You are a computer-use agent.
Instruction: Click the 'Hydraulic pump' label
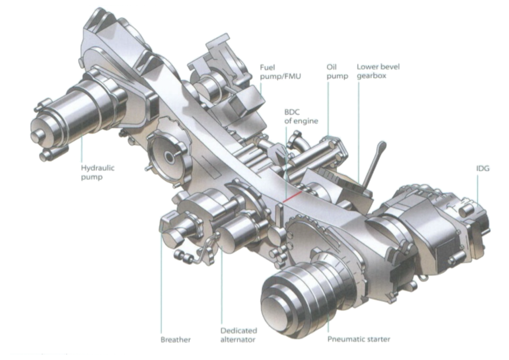pyautogui.click(x=97, y=172)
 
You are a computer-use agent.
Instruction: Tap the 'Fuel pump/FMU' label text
pyautogui.click(x=280, y=72)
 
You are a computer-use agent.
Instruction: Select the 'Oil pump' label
pyautogui.click(x=337, y=72)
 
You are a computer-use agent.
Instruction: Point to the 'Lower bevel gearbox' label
pyautogui.click(x=378, y=71)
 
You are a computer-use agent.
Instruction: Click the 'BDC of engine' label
pyautogui.click(x=301, y=116)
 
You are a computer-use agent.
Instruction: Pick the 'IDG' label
pyautogui.click(x=483, y=169)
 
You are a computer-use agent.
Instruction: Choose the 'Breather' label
pyautogui.click(x=176, y=340)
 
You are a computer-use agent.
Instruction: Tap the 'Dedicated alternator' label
pyautogui.click(x=239, y=335)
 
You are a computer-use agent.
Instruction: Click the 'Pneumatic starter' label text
pyautogui.click(x=359, y=340)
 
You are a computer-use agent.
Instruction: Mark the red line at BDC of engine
pyautogui.click(x=292, y=197)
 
